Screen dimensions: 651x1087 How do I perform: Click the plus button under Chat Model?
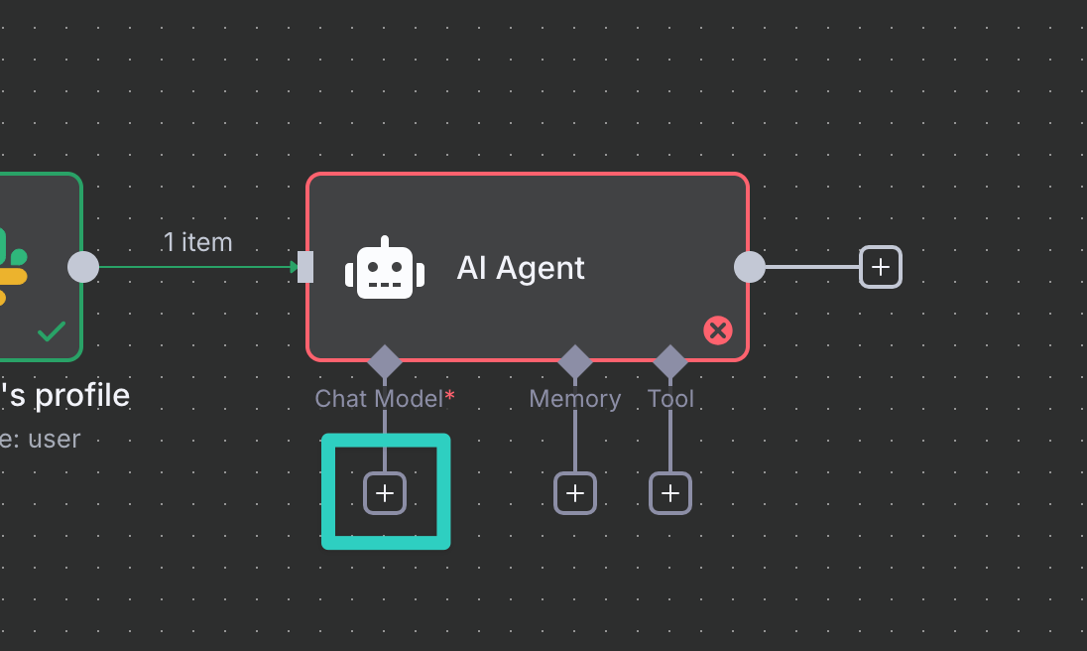(x=385, y=492)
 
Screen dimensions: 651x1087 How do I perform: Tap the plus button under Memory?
(x=575, y=492)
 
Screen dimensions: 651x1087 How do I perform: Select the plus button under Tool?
(x=670, y=492)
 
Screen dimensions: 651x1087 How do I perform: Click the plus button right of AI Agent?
(x=880, y=267)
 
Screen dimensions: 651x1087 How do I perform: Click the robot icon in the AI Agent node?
(x=385, y=269)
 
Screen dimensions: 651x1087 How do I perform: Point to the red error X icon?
(x=717, y=330)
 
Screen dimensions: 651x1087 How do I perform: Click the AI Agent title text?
(x=521, y=268)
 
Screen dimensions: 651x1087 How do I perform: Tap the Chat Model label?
(x=378, y=399)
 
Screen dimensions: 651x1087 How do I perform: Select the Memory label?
(x=575, y=399)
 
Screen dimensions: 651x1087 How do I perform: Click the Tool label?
(x=670, y=399)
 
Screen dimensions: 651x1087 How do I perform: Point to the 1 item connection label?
(x=197, y=242)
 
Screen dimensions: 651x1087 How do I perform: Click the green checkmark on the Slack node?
(x=52, y=332)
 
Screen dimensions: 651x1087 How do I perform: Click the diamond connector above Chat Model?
(x=385, y=361)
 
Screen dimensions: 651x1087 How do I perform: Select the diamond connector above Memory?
(x=575, y=361)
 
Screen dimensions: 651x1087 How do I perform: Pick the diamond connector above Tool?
(x=670, y=361)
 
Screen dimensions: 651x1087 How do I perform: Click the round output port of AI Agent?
(x=749, y=267)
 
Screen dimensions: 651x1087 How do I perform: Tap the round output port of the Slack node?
(x=83, y=267)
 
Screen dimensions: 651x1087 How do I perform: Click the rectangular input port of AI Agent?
(x=305, y=267)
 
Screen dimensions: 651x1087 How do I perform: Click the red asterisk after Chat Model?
(x=449, y=396)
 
